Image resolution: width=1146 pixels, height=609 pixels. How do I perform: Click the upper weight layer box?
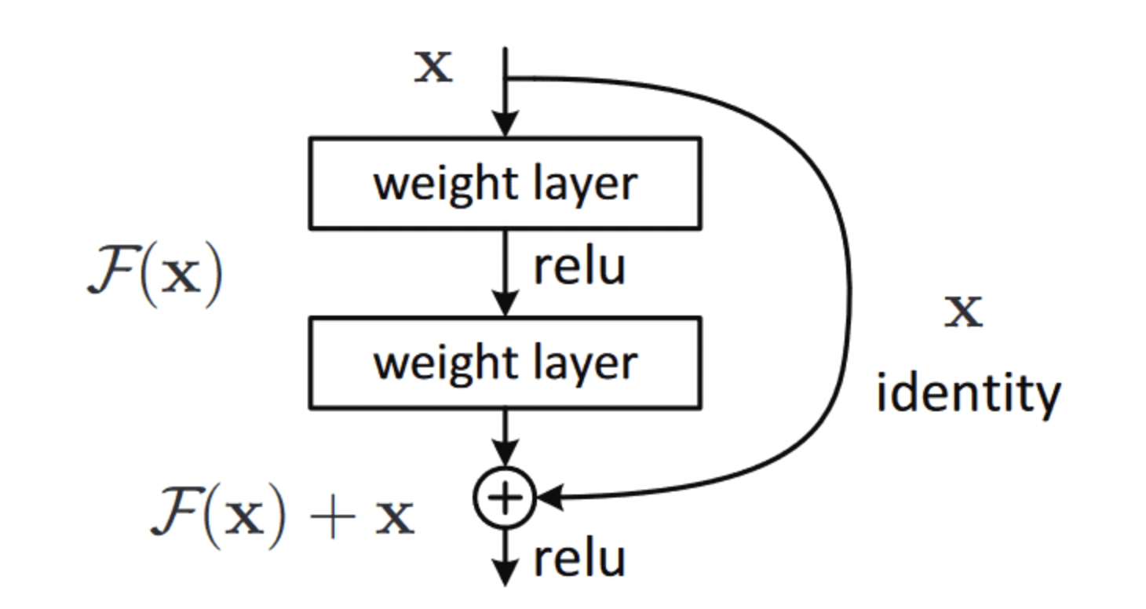(x=505, y=184)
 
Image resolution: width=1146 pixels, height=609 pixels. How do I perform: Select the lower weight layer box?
(x=505, y=363)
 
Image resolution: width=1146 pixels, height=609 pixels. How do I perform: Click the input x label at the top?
(x=434, y=67)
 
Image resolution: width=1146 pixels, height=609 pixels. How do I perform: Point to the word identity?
(x=968, y=394)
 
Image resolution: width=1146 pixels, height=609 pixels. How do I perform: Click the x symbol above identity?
(x=963, y=312)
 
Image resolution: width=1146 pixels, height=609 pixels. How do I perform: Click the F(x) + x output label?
(x=282, y=517)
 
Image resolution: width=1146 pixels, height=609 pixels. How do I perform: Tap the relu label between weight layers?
(x=579, y=267)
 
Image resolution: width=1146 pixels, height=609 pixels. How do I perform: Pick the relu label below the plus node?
(x=579, y=560)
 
